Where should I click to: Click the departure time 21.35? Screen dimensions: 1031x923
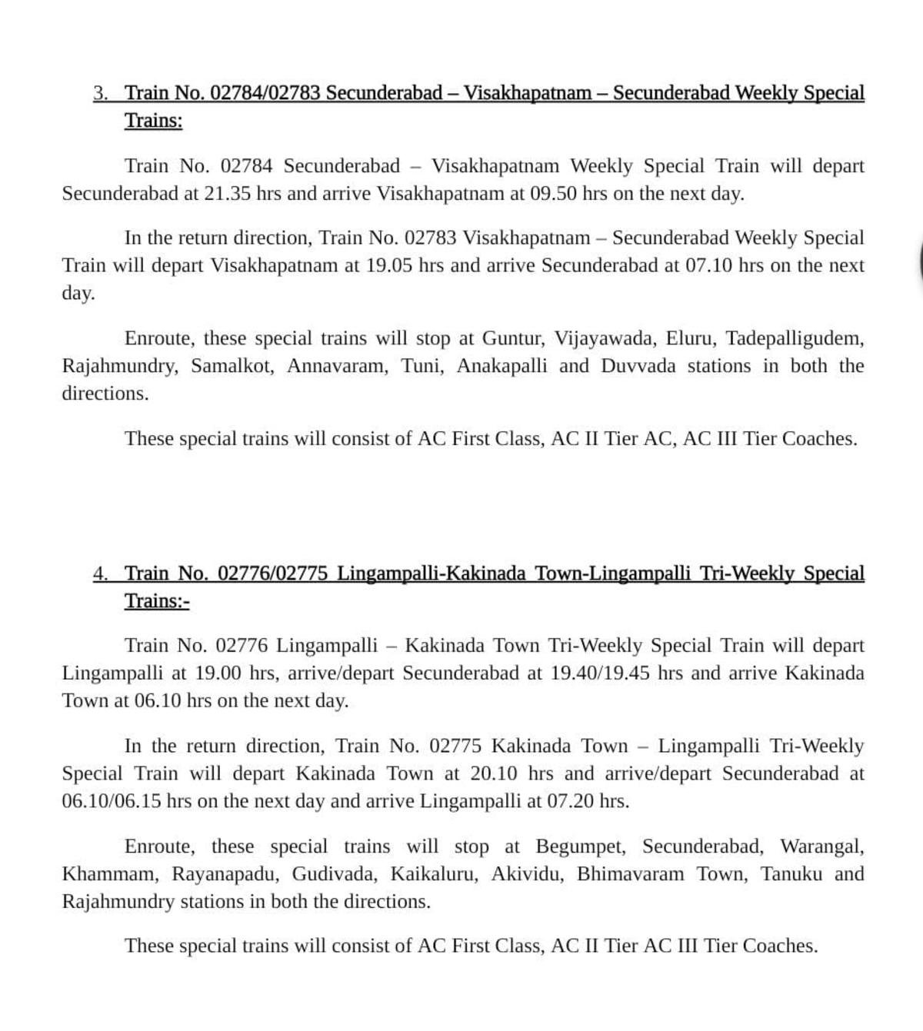pyautogui.click(x=227, y=194)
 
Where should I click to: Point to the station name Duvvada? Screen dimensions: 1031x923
pyautogui.click(x=638, y=366)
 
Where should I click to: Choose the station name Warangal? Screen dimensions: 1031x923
pyautogui.click(x=821, y=847)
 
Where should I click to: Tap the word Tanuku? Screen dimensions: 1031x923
pyautogui.click(x=791, y=875)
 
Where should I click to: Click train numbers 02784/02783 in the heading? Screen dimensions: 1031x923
pyautogui.click(x=265, y=94)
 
